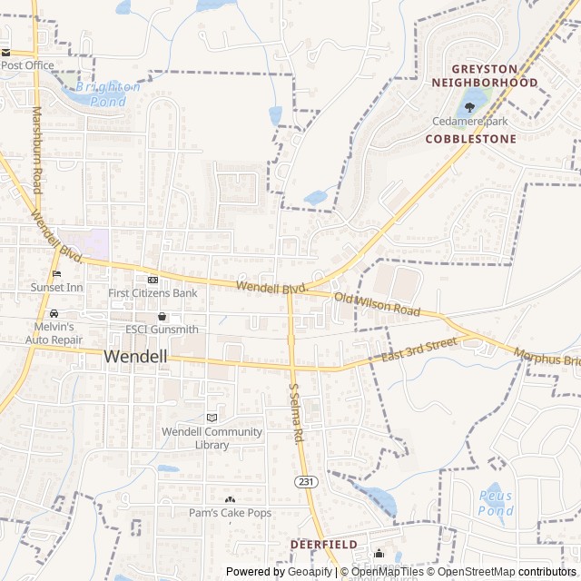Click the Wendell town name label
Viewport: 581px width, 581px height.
136,357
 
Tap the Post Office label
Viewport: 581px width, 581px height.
27,65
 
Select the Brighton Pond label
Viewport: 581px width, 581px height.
107,94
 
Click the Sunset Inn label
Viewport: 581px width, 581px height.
57,287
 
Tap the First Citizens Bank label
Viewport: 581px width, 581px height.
153,293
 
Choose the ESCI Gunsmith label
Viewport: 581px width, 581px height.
162,329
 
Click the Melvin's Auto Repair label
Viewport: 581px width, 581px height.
54,332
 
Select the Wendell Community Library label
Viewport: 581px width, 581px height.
212,438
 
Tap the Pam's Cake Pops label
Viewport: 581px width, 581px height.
230,513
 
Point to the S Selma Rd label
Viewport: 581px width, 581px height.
296,411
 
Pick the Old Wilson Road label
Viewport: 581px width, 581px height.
377,304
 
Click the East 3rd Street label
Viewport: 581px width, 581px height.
419,350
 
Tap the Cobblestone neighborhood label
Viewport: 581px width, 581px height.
470,139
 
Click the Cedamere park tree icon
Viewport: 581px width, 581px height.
469,107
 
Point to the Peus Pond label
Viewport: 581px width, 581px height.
496,503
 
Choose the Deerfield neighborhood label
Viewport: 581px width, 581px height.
324,544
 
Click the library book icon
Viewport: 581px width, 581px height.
212,417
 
